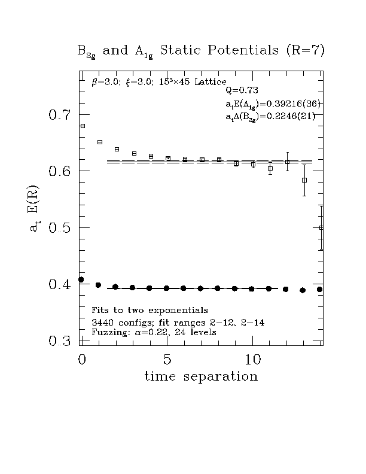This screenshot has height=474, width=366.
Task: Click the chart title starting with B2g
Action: point(201,50)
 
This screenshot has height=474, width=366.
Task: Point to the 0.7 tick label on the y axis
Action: point(60,114)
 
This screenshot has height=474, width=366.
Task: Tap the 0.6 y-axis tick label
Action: point(60,171)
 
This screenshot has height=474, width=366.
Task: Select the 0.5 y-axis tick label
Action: point(60,228)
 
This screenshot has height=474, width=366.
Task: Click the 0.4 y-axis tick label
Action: point(60,284)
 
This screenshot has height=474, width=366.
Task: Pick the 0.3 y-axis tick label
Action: point(60,341)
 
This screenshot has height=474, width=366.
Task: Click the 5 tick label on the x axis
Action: point(167,360)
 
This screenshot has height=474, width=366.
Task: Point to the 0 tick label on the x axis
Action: point(82,360)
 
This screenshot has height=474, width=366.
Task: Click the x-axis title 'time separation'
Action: point(201,376)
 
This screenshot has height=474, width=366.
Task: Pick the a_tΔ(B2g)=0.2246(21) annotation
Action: point(270,117)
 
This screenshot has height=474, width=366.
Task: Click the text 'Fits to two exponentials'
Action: point(150,310)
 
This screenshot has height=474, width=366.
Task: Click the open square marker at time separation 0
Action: point(83,126)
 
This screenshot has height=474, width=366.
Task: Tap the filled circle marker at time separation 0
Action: point(81,279)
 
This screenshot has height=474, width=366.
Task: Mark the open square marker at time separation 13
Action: point(304,180)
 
